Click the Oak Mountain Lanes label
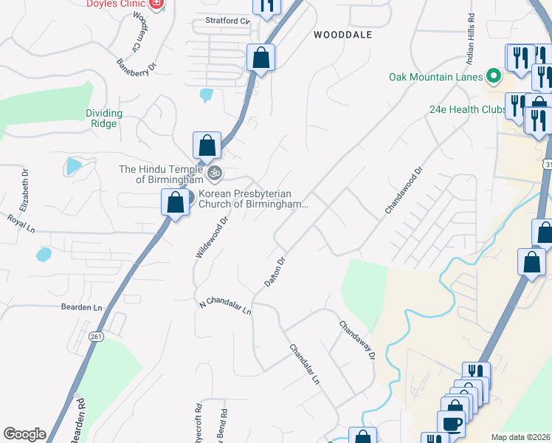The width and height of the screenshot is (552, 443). click(435, 77)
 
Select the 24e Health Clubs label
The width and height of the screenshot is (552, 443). click(465, 109)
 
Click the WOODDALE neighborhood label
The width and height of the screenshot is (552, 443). click(342, 35)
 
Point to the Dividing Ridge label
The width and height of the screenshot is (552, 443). click(103, 118)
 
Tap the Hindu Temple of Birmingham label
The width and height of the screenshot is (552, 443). click(161, 174)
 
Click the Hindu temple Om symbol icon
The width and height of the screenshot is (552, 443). click(215, 174)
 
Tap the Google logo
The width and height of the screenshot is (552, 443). click(24, 434)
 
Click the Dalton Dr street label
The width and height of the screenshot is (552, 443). click(275, 272)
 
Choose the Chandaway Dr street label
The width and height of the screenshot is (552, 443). click(357, 340)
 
